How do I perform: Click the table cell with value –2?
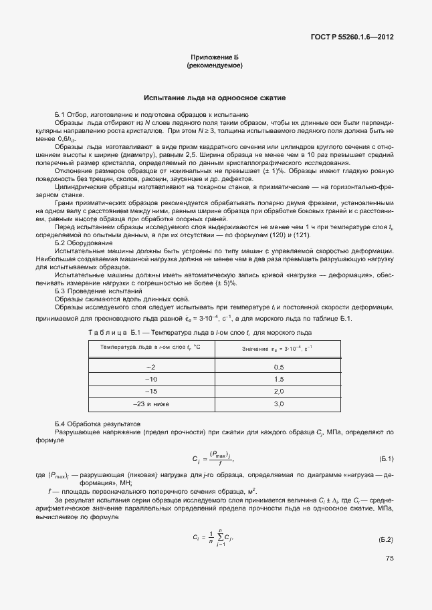click(x=151, y=367)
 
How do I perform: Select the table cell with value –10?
click(x=151, y=379)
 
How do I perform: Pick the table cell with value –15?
click(x=151, y=391)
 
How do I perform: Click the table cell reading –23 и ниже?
click(x=151, y=404)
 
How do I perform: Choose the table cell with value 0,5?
click(x=279, y=367)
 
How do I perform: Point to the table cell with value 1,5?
click(x=279, y=379)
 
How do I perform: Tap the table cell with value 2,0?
click(x=279, y=391)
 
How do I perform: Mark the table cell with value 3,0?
click(x=279, y=404)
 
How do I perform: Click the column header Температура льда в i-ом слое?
click(x=151, y=347)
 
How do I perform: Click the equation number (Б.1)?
click(x=386, y=458)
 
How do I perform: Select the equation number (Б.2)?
click(x=386, y=539)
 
